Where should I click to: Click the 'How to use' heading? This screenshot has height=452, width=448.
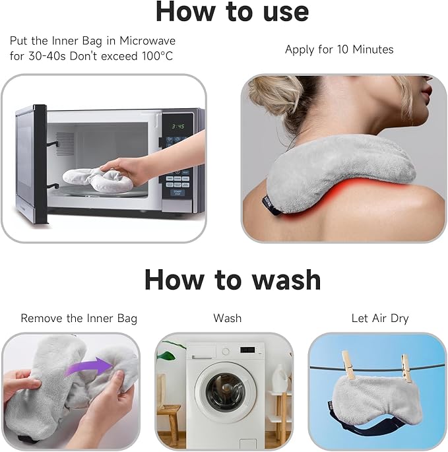pyautogui.click(x=232, y=11)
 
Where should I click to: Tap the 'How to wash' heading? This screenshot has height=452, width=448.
pyautogui.click(x=233, y=280)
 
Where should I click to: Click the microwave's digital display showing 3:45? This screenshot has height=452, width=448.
pyautogui.click(x=178, y=126)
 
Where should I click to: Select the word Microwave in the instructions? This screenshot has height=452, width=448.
pyautogui.click(x=147, y=41)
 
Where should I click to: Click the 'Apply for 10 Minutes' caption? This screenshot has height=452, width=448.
pyautogui.click(x=339, y=49)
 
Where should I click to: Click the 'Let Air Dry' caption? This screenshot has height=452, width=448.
pyautogui.click(x=380, y=319)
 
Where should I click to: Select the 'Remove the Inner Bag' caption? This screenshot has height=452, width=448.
pyautogui.click(x=79, y=319)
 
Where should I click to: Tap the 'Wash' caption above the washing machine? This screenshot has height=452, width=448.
pyautogui.click(x=228, y=318)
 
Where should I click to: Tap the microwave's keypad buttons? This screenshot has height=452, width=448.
pyautogui.click(x=178, y=182)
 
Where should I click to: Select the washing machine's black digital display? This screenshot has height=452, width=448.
pyautogui.click(x=247, y=350)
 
